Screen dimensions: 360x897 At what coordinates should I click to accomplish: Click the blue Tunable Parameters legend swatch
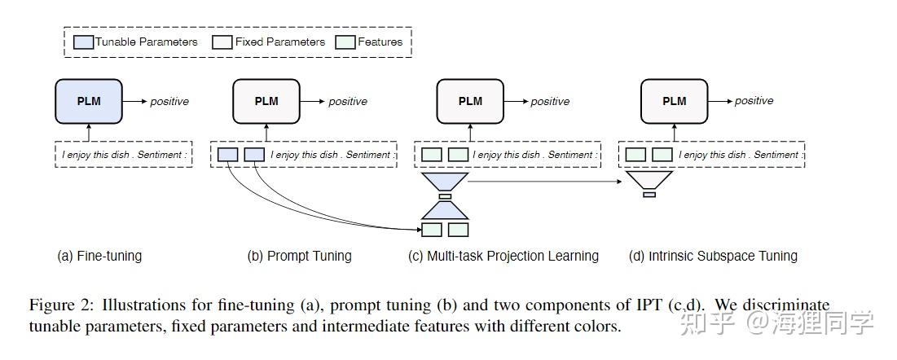[84, 42]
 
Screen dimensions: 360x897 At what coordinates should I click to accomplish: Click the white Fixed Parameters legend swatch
[222, 42]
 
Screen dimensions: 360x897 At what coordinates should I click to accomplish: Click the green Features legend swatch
[345, 42]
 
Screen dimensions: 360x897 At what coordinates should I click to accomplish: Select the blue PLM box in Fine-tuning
[89, 101]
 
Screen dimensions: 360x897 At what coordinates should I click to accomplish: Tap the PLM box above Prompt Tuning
[266, 101]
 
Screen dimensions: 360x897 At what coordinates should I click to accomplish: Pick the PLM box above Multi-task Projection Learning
[470, 101]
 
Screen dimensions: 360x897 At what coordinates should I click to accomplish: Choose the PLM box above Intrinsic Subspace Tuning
[674, 101]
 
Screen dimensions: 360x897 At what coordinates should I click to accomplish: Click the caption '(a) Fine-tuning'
[99, 256]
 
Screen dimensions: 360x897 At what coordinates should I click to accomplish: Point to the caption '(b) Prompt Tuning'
[299, 256]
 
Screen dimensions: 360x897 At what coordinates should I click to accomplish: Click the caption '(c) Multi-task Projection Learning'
[503, 256]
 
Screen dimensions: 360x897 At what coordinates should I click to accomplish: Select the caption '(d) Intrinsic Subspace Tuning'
[713, 256]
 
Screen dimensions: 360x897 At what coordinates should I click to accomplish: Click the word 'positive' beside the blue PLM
[169, 102]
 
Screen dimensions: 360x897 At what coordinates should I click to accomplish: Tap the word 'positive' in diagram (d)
[754, 102]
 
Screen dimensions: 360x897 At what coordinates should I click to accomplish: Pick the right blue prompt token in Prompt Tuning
[255, 155]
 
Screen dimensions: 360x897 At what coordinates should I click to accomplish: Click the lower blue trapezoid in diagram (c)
[444, 210]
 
